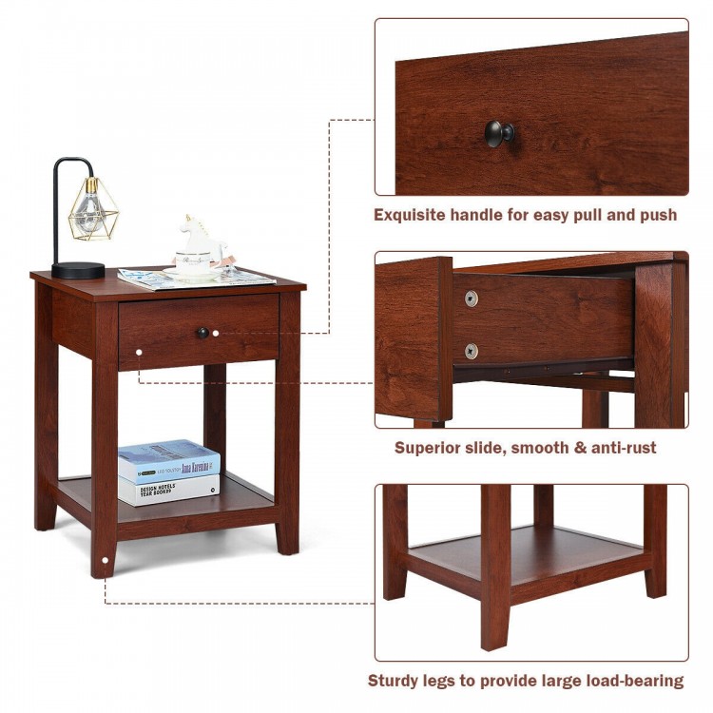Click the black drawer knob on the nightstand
coord(202,333)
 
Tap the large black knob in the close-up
coord(499,133)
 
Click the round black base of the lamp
coord(78,270)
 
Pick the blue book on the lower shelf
coord(168,460)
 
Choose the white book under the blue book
coord(168,489)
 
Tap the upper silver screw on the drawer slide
coord(472,299)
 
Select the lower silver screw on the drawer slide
coord(472,351)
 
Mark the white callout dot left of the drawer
coord(139,353)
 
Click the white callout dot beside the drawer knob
coord(217,333)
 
